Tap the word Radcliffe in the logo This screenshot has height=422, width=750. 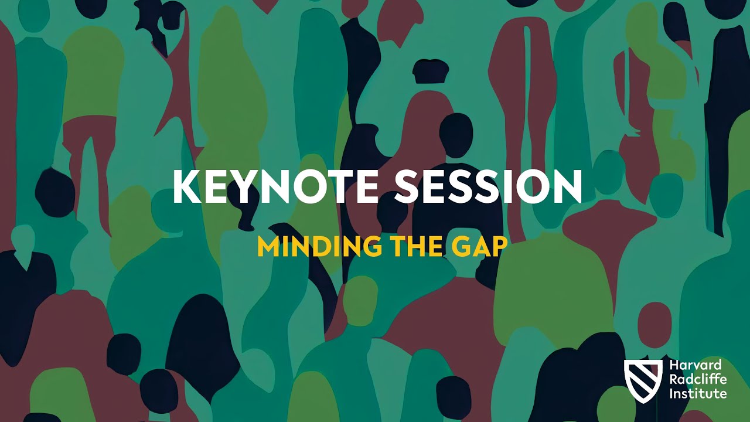tap(698, 380)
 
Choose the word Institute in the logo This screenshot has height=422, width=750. tap(698, 393)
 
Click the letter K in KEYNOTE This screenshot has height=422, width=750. tap(186, 187)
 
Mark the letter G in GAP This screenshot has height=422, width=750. tap(463, 247)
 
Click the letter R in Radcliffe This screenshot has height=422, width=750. tap(674, 380)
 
